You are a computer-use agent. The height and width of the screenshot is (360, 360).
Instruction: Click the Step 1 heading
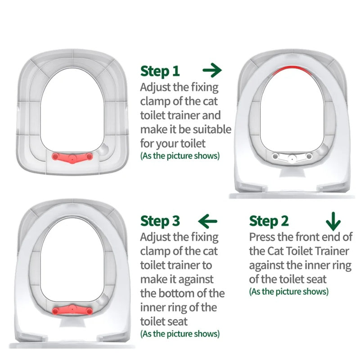pyautogui.click(x=160, y=71)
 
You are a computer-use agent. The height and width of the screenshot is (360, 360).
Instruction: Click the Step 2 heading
pyautogui.click(x=269, y=221)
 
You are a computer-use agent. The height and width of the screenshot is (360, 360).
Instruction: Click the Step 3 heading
pyautogui.click(x=160, y=221)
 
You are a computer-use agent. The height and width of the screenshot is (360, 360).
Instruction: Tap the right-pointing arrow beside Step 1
pyautogui.click(x=212, y=70)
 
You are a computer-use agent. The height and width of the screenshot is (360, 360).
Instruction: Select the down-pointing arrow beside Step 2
pyautogui.click(x=333, y=221)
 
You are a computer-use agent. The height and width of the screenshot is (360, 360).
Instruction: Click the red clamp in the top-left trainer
pyautogui.click(x=72, y=156)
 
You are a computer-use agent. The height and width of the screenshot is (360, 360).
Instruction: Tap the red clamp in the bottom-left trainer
pyautogui.click(x=72, y=310)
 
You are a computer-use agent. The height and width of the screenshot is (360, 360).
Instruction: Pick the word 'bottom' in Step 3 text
pyautogui.click(x=183, y=294)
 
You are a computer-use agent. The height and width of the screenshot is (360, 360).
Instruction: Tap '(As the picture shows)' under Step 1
pyautogui.click(x=180, y=156)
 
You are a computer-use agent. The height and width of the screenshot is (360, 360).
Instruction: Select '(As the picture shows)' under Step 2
pyautogui.click(x=288, y=292)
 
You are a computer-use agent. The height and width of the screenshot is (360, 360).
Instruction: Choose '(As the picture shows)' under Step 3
pyautogui.click(x=180, y=334)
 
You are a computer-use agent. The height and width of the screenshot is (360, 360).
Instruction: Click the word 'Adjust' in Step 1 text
pyautogui.click(x=156, y=87)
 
